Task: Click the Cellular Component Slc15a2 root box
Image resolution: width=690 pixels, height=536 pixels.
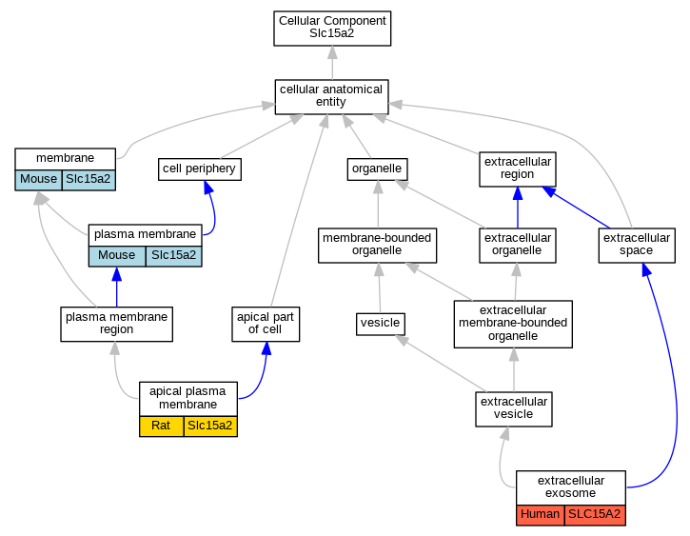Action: point(332,29)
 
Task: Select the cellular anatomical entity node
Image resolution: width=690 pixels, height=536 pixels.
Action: point(331,97)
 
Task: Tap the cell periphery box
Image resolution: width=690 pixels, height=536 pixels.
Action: point(199,169)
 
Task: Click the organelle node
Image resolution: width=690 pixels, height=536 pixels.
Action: point(377,169)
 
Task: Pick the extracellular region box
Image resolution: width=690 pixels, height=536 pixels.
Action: point(518,169)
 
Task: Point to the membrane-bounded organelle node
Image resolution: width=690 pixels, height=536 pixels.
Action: point(377,245)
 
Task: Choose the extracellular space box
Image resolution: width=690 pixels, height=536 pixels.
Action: point(637,245)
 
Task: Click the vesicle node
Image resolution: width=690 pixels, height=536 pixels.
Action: point(380,324)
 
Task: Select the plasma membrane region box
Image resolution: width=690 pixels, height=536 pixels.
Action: point(117,324)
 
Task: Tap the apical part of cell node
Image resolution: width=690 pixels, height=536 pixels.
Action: point(266,324)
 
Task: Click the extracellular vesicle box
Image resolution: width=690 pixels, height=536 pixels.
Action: point(514,408)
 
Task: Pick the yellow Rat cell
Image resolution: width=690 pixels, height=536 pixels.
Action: point(162,426)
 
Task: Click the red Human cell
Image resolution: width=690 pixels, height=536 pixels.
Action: point(540,515)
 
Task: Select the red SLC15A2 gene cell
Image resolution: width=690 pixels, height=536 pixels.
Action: point(595,515)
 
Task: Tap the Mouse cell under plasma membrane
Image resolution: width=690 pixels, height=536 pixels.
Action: point(117,256)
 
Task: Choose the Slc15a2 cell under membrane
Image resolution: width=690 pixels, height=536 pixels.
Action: point(89,180)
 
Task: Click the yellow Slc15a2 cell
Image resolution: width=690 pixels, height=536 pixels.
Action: point(210,426)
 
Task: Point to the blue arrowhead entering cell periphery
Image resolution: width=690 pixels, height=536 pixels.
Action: point(208,187)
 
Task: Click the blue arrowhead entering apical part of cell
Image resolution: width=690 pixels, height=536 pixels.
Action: point(266,348)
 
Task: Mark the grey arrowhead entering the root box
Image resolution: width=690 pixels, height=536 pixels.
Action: point(333,52)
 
